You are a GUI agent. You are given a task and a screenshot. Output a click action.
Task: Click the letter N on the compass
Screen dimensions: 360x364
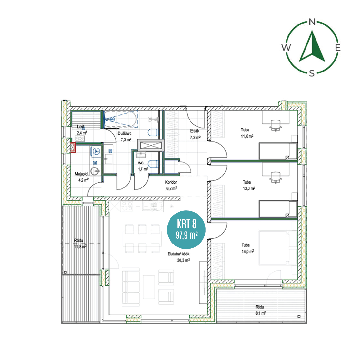coord(312,22)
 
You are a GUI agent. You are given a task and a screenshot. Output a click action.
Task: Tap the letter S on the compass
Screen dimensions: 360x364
coord(312,73)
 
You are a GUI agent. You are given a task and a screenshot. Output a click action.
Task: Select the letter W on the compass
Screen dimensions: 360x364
coord(286,47)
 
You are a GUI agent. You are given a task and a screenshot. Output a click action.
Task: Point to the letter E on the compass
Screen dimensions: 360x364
coord(338,47)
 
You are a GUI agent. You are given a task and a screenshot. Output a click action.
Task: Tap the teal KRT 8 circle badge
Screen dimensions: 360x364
coord(186,230)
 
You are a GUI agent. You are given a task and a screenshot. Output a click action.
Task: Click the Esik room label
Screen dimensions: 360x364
coord(195,131)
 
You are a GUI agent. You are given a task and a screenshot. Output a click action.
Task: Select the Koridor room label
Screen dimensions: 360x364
coord(171,182)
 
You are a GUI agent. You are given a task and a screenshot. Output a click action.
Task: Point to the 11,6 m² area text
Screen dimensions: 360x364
coord(247,136)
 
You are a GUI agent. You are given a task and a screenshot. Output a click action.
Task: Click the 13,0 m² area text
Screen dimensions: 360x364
coord(249,188)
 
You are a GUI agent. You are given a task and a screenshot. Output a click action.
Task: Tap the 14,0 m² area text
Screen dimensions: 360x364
coord(248,251)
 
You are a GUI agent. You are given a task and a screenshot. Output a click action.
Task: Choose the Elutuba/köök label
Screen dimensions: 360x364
coord(178,254)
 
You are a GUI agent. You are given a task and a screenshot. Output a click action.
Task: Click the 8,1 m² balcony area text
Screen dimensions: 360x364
coord(260,313)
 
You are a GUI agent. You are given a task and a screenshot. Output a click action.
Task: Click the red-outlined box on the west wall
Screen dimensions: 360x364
coord(73,148)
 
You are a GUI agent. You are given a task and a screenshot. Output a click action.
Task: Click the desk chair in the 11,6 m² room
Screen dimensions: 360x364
coord(276,126)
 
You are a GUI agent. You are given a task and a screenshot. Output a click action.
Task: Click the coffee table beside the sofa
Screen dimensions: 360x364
coord(149,287)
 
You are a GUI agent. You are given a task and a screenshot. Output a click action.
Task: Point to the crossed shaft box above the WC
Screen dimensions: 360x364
coord(151,145)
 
